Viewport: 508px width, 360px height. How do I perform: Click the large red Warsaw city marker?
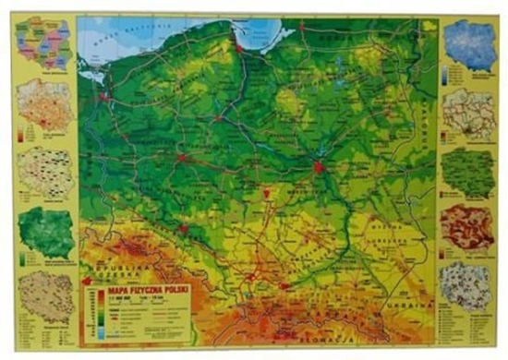coord(320,167)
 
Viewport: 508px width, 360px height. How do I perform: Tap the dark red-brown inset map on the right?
coord(468,227)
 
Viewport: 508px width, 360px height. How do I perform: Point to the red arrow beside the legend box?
coord(87,282)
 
